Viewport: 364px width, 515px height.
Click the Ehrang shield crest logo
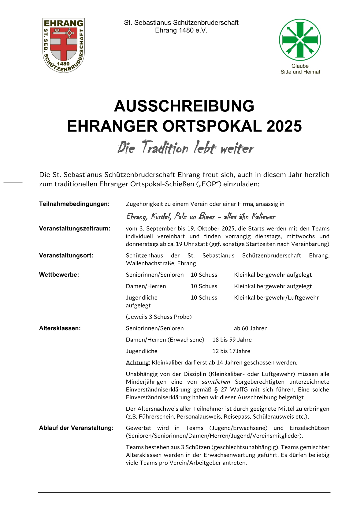(x=63, y=45)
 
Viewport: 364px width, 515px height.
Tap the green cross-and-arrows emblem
(x=300, y=40)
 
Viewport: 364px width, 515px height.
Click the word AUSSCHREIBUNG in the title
(x=184, y=106)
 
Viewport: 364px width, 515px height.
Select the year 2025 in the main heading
(x=284, y=126)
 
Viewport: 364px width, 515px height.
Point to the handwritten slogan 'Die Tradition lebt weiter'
(x=186, y=148)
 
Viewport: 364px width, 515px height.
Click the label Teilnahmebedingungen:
(x=74, y=204)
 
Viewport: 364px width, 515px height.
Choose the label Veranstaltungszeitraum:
(x=75, y=229)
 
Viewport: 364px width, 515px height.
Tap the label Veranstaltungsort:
(x=66, y=256)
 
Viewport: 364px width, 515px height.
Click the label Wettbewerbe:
(x=59, y=275)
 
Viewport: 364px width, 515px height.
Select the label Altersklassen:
(x=60, y=328)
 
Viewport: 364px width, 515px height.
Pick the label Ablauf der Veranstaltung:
(x=76, y=428)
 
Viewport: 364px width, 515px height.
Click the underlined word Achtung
(x=138, y=363)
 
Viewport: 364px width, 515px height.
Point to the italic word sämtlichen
(x=216, y=382)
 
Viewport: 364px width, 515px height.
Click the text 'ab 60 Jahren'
(x=251, y=328)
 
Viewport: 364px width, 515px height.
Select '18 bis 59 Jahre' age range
(x=232, y=340)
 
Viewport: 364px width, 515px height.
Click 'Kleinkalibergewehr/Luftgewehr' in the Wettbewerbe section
(x=276, y=298)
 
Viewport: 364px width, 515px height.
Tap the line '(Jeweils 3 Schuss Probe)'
(x=159, y=317)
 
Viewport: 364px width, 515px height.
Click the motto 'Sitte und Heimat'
(x=300, y=72)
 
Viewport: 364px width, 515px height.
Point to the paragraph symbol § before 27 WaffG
(x=216, y=390)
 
